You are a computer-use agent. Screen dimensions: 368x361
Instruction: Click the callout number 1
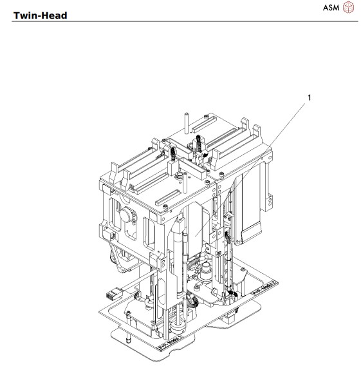click(310, 97)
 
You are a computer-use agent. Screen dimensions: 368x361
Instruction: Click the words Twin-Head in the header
click(41, 14)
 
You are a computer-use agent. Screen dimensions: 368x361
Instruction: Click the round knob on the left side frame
click(127, 216)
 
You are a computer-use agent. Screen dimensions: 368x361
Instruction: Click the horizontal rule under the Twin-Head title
click(180, 22)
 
